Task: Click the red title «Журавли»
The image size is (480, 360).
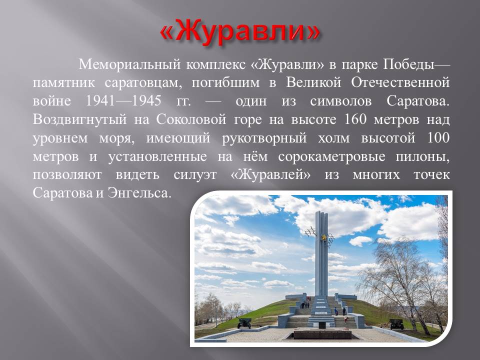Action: coord(240,32)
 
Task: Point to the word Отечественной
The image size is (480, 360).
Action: coord(400,82)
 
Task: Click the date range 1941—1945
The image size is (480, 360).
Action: coord(123,100)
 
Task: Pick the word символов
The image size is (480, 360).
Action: coord(340,101)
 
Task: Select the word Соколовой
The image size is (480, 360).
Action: coord(191,119)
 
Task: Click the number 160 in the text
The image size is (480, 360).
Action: coord(355,119)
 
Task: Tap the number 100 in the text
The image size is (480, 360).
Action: coord(438,137)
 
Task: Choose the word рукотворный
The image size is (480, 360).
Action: coord(264,138)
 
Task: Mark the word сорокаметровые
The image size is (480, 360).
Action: coord(332,156)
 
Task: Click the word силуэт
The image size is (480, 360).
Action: coord(195,175)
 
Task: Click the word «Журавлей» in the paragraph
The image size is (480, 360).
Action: coord(270,175)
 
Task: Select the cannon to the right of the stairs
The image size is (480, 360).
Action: coord(396,323)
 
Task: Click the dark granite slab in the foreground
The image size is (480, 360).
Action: coord(322,334)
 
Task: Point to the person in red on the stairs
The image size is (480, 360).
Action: coord(346,319)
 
